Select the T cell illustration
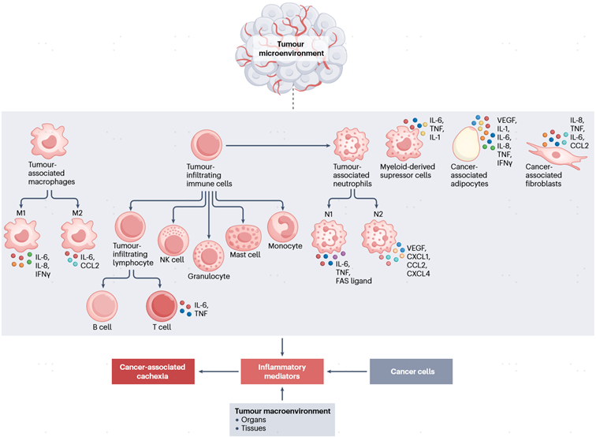(x=160, y=307)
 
